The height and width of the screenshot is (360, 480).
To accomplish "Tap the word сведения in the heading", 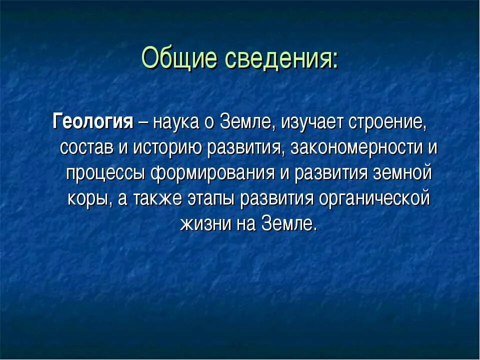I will pos(277,58).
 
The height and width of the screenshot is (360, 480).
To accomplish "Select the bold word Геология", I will pos(92,122).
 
